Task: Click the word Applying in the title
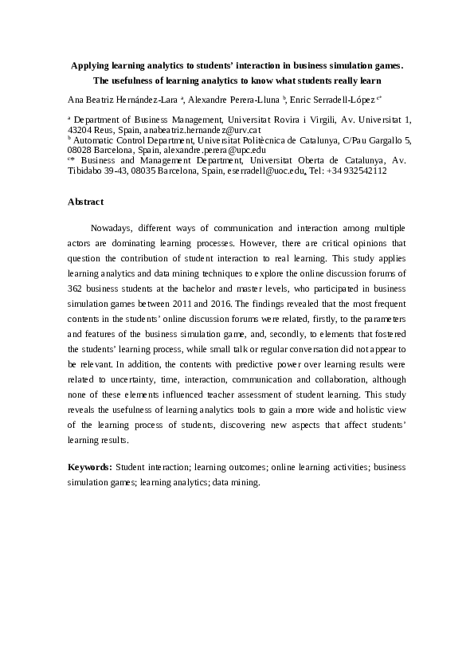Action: point(91,66)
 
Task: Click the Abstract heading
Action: point(85,202)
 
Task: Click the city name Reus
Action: point(113,128)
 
